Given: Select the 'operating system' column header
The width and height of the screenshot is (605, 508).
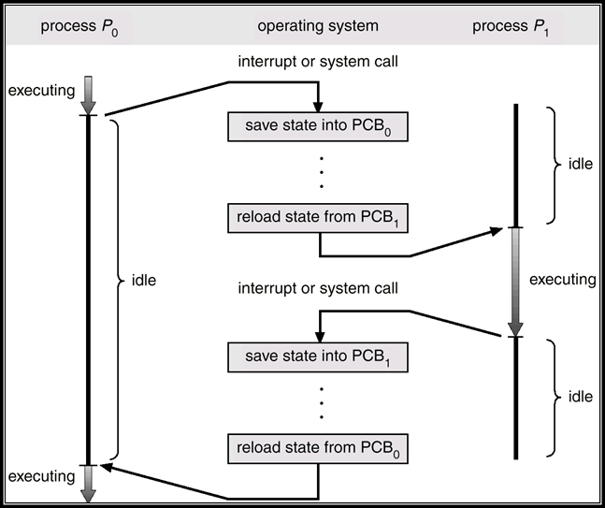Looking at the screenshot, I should pos(319,25).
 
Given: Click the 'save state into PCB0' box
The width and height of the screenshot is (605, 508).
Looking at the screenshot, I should pos(319,127).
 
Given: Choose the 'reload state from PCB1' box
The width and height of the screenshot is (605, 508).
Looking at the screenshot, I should pos(319,219).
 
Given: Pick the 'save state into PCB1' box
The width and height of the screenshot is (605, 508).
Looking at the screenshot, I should pos(319,356).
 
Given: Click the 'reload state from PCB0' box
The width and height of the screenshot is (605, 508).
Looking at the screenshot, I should pos(319,448).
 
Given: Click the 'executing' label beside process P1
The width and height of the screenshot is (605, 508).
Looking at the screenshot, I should pos(562,279).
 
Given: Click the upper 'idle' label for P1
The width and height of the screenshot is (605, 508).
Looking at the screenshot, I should pos(580,165).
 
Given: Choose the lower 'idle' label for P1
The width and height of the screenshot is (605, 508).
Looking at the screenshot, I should pos(580,397).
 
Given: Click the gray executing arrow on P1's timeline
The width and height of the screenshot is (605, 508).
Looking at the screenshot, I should pos(514,281).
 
